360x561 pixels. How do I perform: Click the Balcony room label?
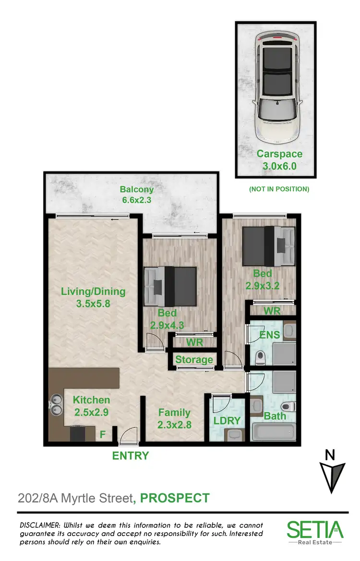(x=136, y=189)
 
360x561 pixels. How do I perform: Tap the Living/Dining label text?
(x=93, y=291)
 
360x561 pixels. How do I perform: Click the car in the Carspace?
(x=276, y=88)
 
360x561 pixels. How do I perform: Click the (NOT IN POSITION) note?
(x=279, y=189)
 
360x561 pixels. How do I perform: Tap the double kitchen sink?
(x=56, y=404)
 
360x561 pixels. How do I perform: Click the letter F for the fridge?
(x=102, y=435)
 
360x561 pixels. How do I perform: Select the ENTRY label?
(x=131, y=456)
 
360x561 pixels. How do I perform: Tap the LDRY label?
(x=227, y=421)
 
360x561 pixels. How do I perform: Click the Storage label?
(x=194, y=360)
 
